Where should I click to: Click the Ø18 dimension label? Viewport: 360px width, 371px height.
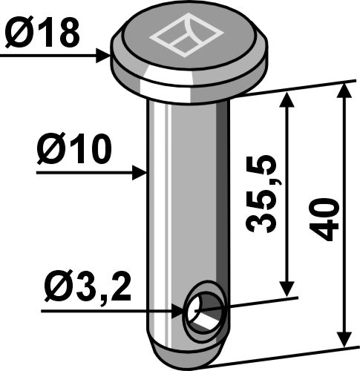click(x=42, y=32)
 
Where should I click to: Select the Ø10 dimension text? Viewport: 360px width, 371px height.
click(x=74, y=148)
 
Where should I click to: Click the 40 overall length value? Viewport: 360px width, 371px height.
click(x=324, y=219)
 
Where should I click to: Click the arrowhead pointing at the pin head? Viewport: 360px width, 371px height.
click(x=103, y=56)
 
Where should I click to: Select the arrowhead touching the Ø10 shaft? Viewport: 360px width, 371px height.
click(x=140, y=173)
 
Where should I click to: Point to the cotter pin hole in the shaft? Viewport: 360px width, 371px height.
click(x=204, y=311)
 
